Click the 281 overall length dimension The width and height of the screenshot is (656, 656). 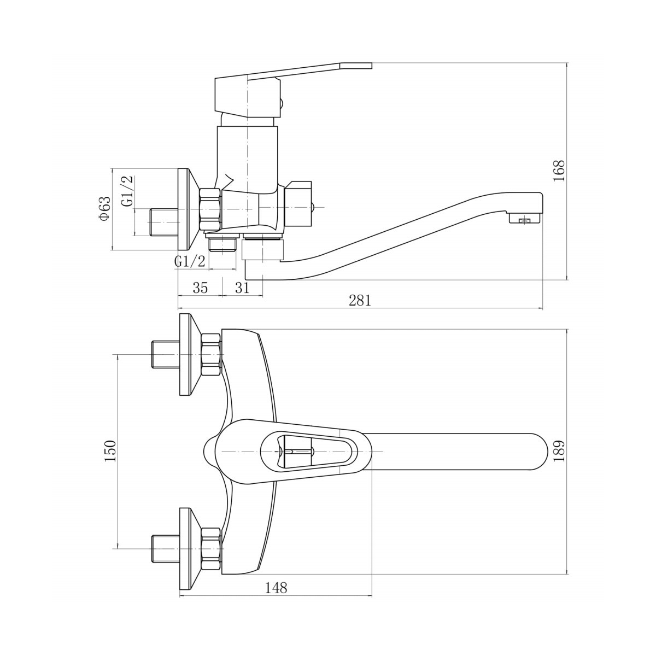coord(360,301)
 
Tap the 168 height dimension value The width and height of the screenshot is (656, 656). coord(559,171)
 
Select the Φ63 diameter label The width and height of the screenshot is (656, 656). coord(105,208)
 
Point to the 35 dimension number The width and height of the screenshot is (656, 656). coord(200,288)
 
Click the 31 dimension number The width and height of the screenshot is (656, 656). coord(242,288)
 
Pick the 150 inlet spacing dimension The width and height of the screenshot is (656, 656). coord(110,450)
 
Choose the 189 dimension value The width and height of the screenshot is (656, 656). coord(559,450)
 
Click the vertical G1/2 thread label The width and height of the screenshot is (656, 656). coord(127,191)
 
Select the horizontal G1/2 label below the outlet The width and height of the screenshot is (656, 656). coord(190,261)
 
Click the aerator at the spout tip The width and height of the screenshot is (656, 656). coord(525,219)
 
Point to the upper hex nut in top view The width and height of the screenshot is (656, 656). coord(211,355)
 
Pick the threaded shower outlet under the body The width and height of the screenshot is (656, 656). coord(222,244)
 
